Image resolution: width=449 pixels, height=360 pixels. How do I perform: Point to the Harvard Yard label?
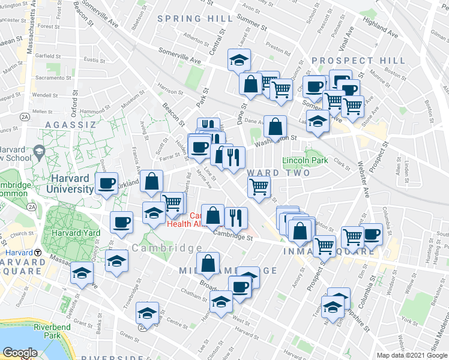pos(75,233)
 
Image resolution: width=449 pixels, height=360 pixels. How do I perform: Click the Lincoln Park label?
pos(305,161)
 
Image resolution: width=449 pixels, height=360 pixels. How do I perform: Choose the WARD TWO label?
pos(278,173)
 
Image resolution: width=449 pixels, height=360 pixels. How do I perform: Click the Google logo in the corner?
pos(20,353)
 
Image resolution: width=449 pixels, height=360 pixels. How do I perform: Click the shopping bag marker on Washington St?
pos(275,127)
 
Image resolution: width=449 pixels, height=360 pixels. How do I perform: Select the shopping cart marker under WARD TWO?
pos(259,187)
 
